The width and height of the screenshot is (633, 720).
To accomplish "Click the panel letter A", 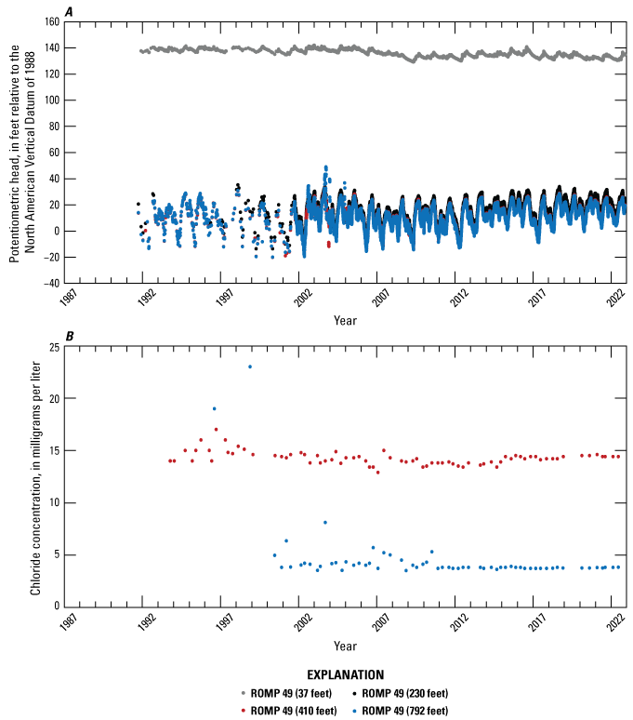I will pyautogui.click(x=70, y=11).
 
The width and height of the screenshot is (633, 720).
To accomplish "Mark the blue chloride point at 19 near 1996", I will pyautogui.click(x=214, y=408).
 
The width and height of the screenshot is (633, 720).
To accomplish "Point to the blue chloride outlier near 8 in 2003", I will pyautogui.click(x=324, y=523).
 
